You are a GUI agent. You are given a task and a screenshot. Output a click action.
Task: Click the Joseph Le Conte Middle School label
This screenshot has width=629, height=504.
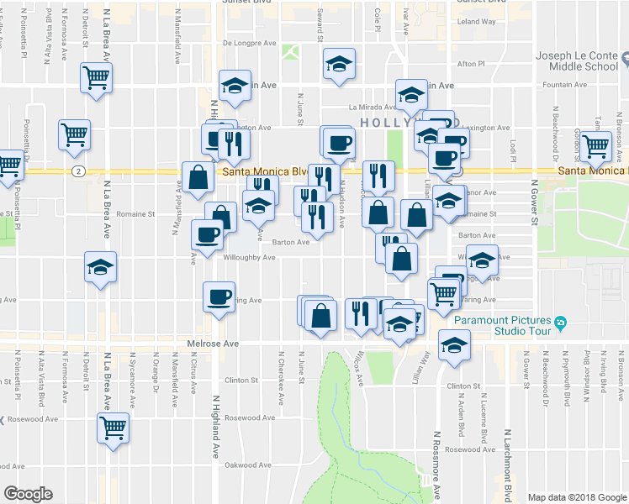click(578, 61)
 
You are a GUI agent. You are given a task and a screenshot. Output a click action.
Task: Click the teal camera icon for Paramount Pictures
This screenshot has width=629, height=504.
click(560, 321)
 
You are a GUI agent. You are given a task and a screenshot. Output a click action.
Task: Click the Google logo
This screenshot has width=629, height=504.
click(28, 494)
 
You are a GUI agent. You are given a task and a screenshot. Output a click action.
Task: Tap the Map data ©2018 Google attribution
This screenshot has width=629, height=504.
click(577, 497)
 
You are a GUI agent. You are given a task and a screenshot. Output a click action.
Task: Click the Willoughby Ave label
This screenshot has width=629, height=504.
click(249, 258)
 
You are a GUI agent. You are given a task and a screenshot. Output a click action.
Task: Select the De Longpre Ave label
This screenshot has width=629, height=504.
click(250, 43)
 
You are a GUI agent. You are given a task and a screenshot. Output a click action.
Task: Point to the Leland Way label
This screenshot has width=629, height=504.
click(478, 21)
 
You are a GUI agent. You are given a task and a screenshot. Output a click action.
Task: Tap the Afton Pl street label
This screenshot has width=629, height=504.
click(470, 63)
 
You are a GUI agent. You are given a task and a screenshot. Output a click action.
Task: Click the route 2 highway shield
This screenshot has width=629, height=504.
click(77, 171)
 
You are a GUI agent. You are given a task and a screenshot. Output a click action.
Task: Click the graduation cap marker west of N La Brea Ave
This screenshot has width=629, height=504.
click(100, 268)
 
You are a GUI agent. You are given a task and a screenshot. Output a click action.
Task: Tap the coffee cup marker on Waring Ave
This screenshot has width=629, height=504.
click(219, 297)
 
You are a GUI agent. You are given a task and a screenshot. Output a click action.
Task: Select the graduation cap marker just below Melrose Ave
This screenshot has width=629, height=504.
click(454, 344)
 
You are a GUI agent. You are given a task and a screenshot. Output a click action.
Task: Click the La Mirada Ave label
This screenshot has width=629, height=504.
click(373, 108)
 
